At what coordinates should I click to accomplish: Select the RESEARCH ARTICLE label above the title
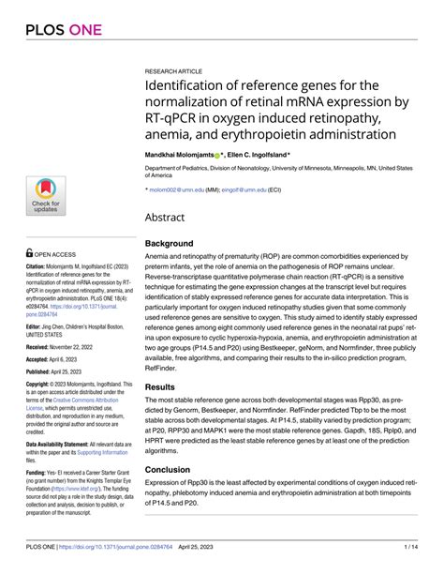(x=172, y=70)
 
